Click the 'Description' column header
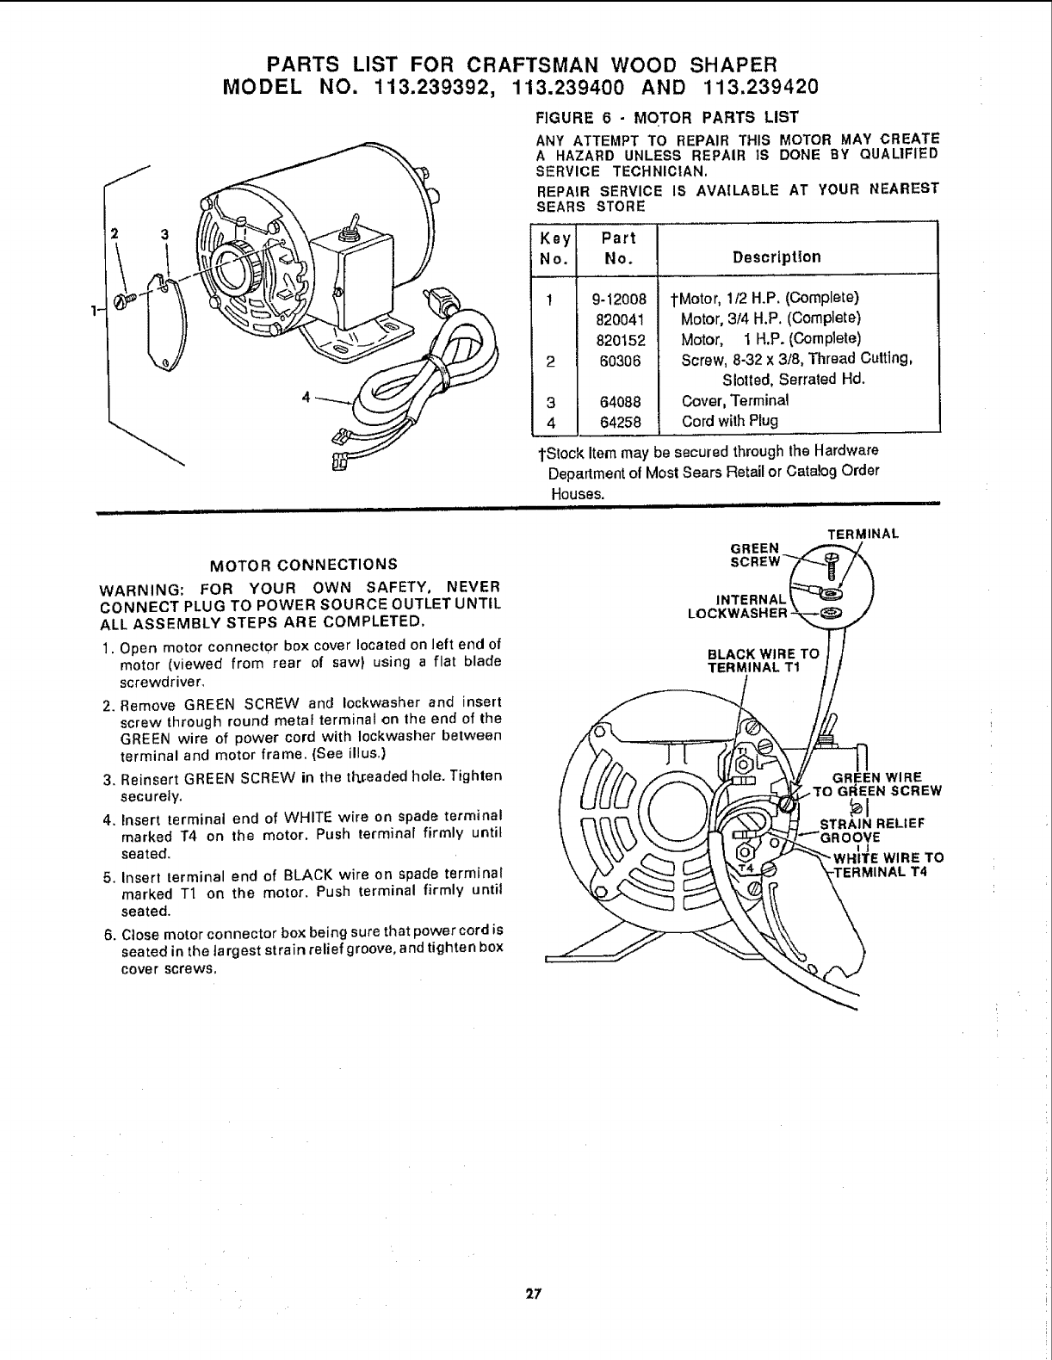point(776,257)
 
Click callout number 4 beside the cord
point(306,398)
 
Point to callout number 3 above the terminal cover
point(162,234)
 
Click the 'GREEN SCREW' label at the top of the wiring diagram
point(754,555)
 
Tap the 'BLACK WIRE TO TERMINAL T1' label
point(763,659)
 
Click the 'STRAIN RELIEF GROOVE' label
point(871,829)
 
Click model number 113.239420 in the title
point(760,87)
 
